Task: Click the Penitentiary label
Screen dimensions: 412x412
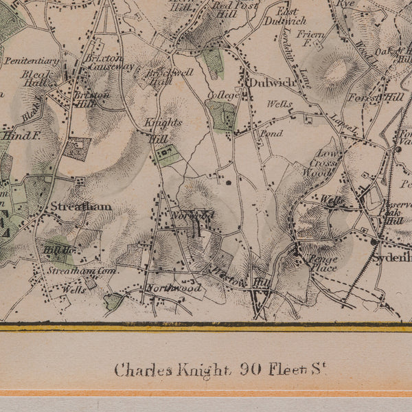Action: tap(32, 60)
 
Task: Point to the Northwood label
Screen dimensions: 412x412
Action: tap(173, 288)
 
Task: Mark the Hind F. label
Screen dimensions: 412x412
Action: tap(21, 135)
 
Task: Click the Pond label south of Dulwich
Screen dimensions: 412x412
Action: tap(271, 133)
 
